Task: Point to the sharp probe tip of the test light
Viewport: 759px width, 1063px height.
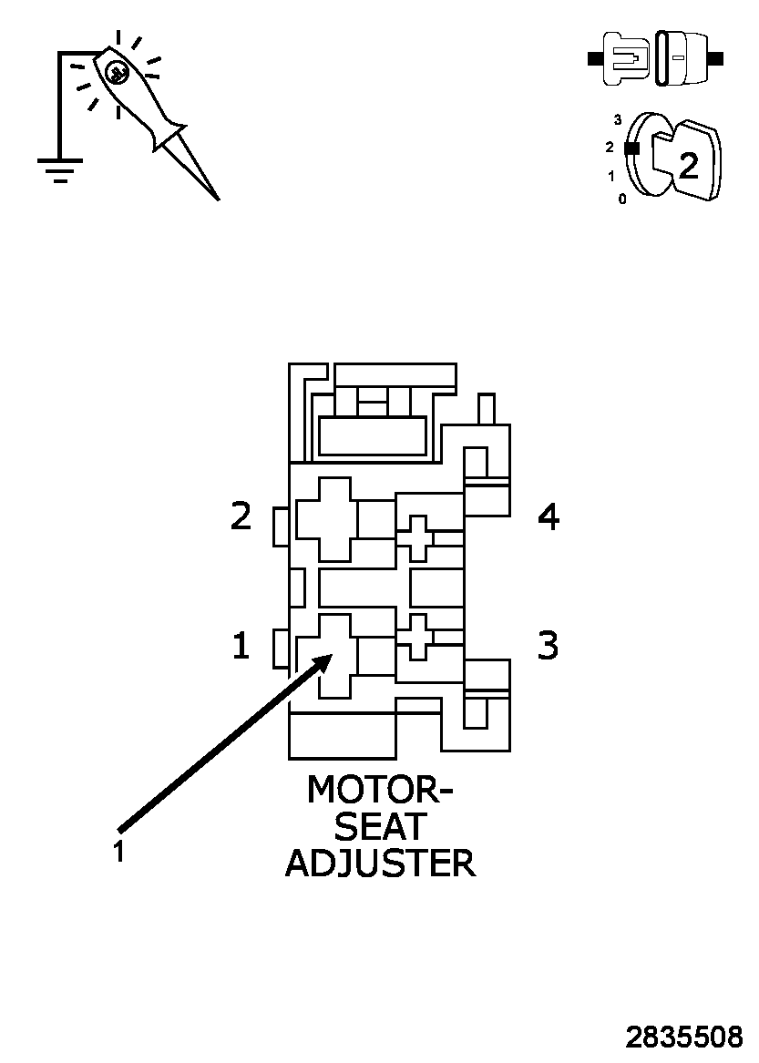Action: pos(216,196)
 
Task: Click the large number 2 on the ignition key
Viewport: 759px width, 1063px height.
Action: pos(689,164)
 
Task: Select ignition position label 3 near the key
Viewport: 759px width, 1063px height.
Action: pos(618,119)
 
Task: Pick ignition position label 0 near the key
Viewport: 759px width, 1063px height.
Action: pos(622,199)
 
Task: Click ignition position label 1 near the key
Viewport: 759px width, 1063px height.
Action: pos(611,176)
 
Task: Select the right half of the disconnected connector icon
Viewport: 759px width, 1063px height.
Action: pos(684,59)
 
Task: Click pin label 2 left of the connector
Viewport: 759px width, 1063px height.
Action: pos(241,516)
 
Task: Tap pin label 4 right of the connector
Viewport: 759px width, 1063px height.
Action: pos(548,516)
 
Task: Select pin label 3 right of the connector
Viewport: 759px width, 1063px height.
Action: pos(547,645)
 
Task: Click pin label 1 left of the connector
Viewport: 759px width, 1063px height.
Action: pos(241,646)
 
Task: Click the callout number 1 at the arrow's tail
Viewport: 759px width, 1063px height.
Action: pos(118,853)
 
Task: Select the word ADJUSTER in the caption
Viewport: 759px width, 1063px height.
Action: pos(380,863)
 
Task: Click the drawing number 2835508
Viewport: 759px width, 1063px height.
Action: pos(683,1037)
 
